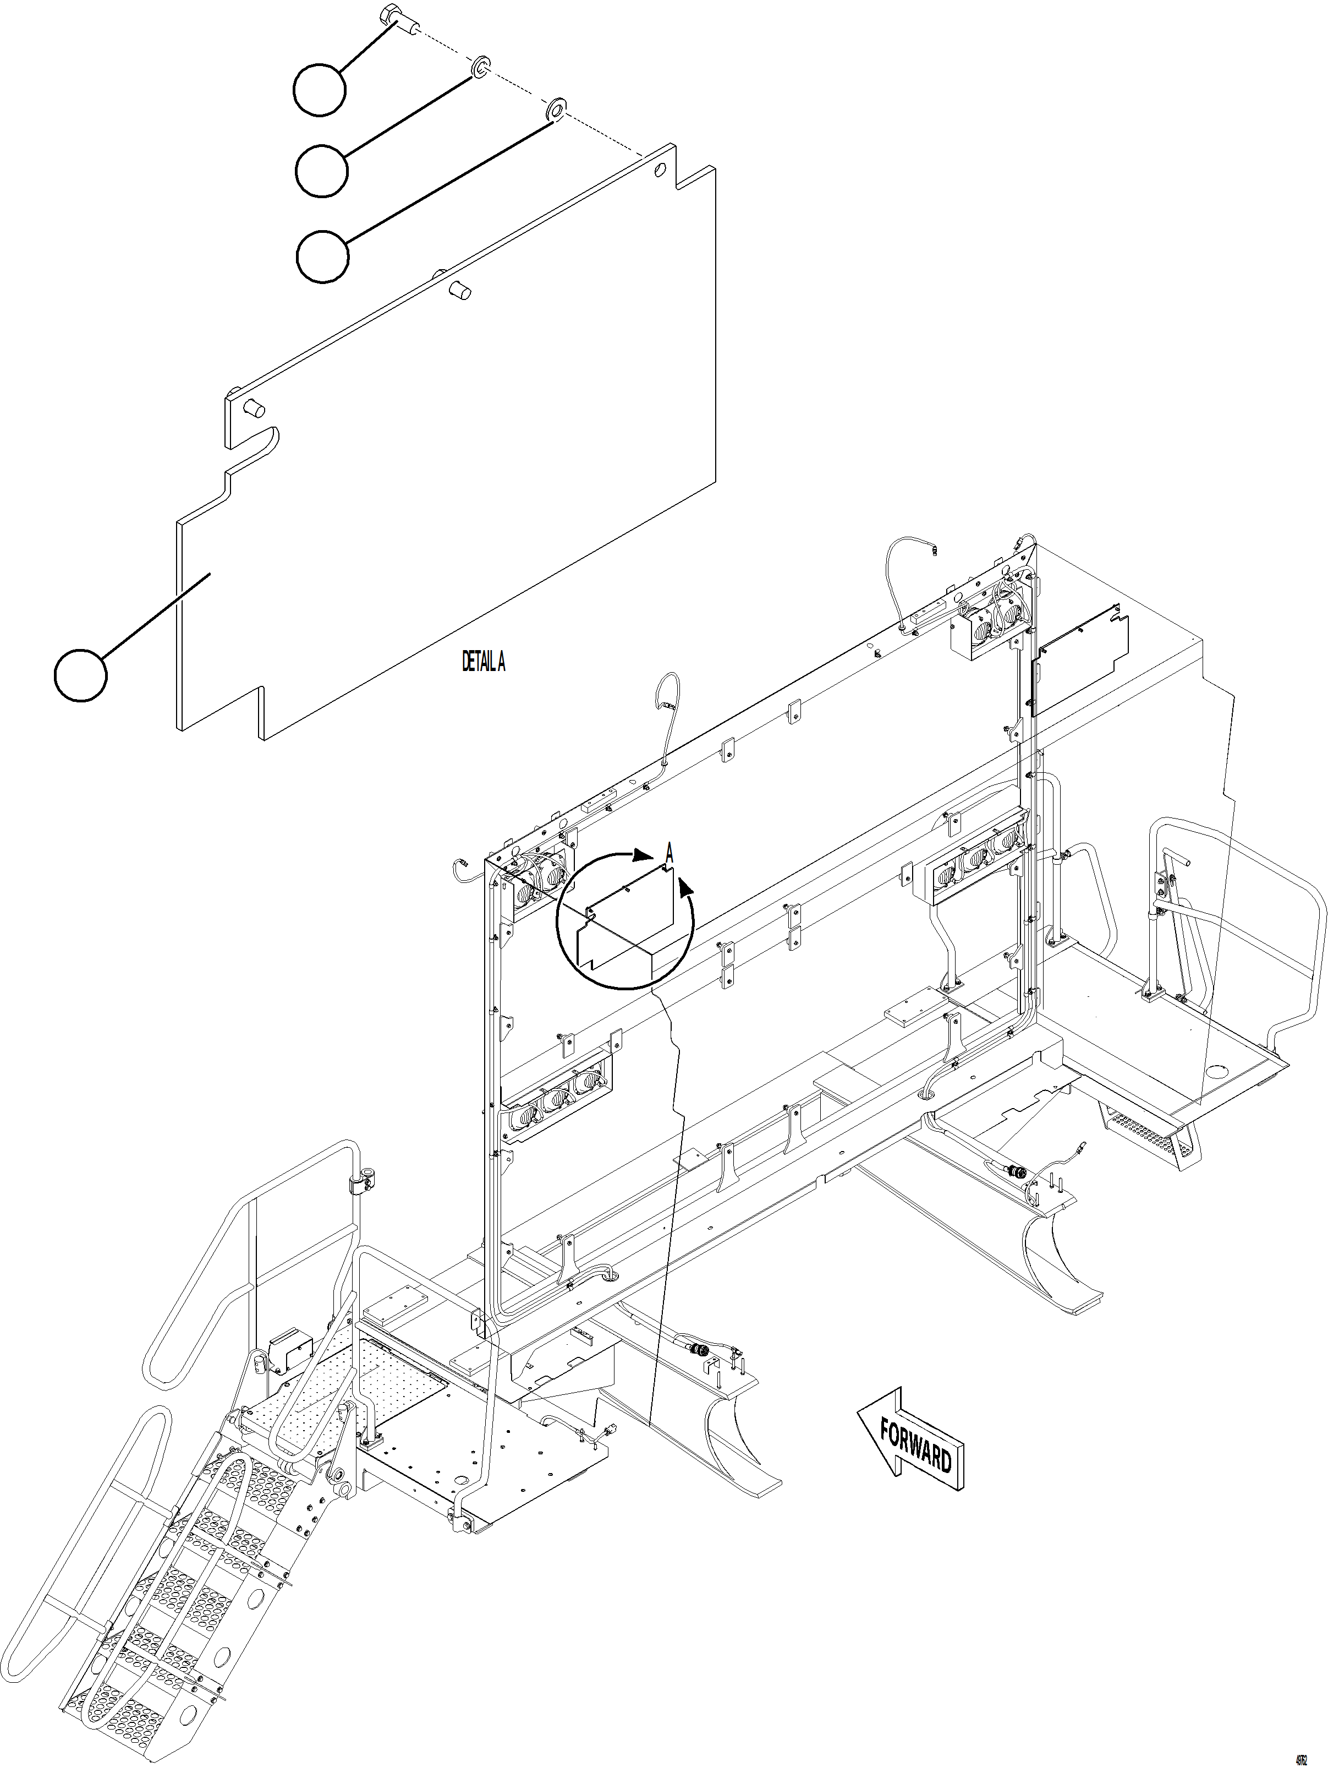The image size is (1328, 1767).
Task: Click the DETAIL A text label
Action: point(483,662)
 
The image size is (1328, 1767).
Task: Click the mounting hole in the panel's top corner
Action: point(659,170)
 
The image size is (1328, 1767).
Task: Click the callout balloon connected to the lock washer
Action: point(321,170)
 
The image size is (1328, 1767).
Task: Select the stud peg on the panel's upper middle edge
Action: point(458,288)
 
